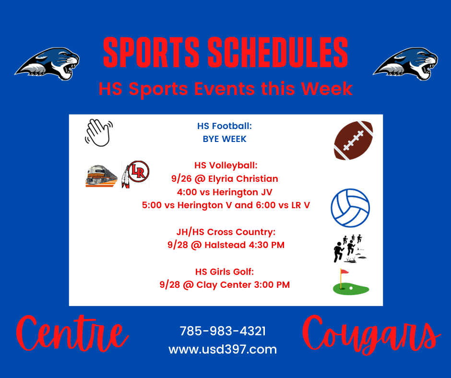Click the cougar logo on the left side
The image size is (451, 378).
(x=47, y=64)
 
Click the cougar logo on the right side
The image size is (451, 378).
(x=405, y=64)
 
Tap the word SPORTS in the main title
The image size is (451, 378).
(x=151, y=52)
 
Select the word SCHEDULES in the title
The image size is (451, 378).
(x=278, y=52)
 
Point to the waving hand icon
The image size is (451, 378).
(x=99, y=132)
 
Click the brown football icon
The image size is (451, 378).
(x=353, y=141)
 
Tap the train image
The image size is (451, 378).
(x=101, y=176)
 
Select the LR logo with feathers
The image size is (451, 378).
(x=135, y=174)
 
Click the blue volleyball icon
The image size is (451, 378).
(x=350, y=208)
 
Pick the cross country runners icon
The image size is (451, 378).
(x=349, y=248)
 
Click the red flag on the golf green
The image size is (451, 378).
(x=344, y=272)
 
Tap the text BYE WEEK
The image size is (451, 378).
(x=225, y=139)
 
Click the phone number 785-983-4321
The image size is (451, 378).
(x=223, y=331)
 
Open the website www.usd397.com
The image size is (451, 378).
(x=223, y=350)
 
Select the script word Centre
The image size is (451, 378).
(x=72, y=334)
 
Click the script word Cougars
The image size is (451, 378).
(x=371, y=335)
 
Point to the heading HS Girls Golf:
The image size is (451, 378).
(x=225, y=272)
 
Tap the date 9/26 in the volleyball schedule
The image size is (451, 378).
(x=181, y=179)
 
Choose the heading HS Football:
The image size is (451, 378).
(x=225, y=126)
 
